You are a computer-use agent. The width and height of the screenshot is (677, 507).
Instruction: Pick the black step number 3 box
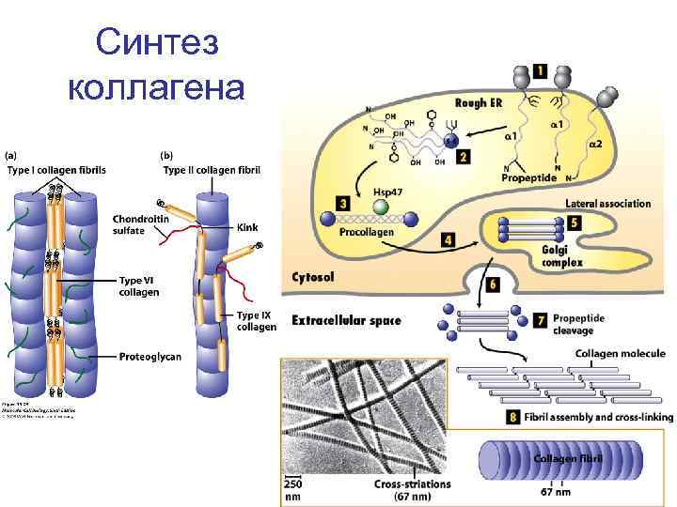tap(343, 204)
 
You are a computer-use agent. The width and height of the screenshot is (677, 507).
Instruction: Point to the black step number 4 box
tap(448, 240)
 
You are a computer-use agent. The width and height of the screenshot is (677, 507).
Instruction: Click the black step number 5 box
tap(575, 223)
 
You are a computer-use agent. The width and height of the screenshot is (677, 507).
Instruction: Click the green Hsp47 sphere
tap(380, 207)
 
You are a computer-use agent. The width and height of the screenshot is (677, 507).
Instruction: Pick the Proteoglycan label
tap(150, 357)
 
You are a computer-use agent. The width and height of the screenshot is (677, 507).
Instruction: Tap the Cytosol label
tap(313, 277)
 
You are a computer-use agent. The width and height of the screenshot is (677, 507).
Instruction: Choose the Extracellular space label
tap(346, 320)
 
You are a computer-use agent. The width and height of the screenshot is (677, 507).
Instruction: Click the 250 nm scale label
tap(294, 489)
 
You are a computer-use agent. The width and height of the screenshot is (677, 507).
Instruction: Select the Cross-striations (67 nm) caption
tap(413, 489)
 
